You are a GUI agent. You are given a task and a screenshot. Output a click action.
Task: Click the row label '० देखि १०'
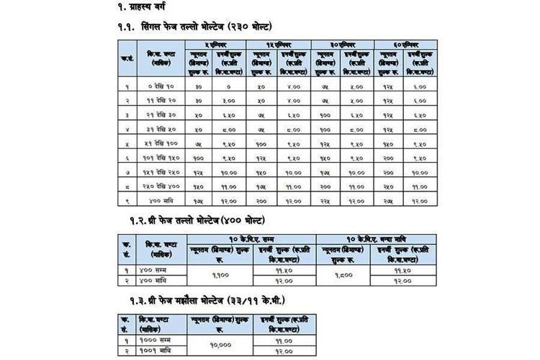[x=161, y=86]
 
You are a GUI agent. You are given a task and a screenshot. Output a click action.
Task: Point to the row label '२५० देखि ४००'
[x=161, y=186]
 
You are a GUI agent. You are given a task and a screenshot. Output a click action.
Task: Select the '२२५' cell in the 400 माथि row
[x=325, y=200]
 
